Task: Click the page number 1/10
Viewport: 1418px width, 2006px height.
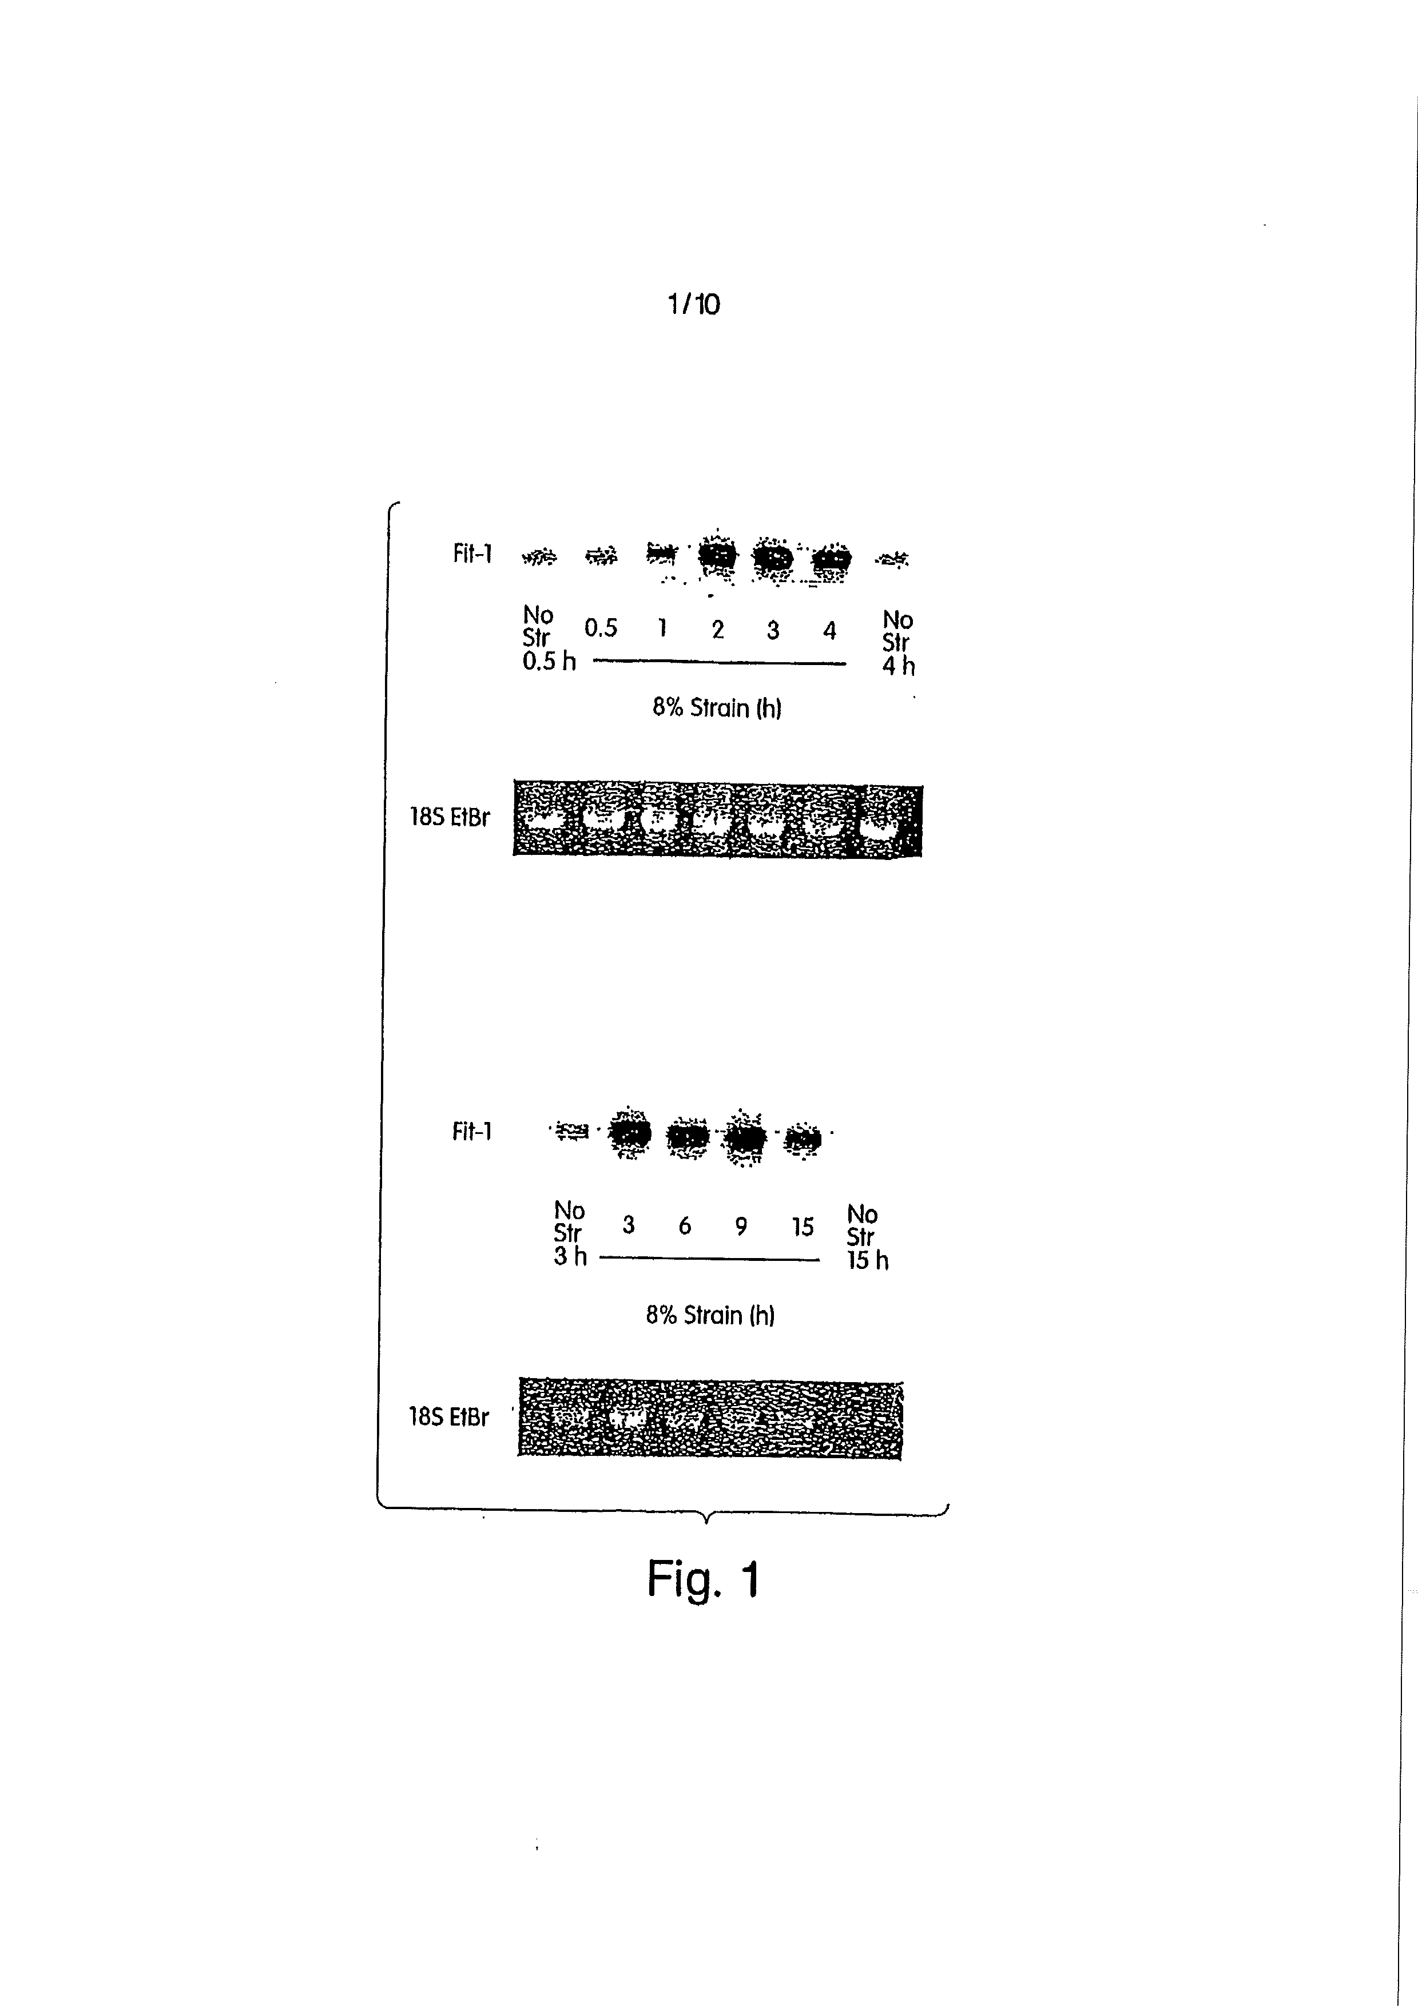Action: pyautogui.click(x=694, y=304)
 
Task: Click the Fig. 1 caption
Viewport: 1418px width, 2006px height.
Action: pyautogui.click(x=704, y=1579)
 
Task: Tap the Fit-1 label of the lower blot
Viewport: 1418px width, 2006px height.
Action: pyautogui.click(x=472, y=1132)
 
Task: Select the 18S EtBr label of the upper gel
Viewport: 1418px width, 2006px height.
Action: pyautogui.click(x=450, y=818)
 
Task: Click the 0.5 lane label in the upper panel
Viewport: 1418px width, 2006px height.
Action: pyautogui.click(x=601, y=628)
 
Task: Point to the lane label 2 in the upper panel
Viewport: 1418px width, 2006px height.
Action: pyautogui.click(x=717, y=630)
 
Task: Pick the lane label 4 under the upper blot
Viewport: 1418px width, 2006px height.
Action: pyautogui.click(x=829, y=630)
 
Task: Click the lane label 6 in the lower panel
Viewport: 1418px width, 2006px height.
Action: pyautogui.click(x=685, y=1227)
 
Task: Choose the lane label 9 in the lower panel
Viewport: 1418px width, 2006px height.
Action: pyautogui.click(x=741, y=1227)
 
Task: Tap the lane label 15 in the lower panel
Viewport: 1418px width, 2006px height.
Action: pyautogui.click(x=802, y=1228)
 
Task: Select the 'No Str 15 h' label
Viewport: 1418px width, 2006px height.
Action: pyautogui.click(x=866, y=1237)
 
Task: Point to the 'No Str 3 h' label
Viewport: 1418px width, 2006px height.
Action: pyautogui.click(x=570, y=1233)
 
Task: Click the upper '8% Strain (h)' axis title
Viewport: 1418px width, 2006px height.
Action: pyautogui.click(x=716, y=708)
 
